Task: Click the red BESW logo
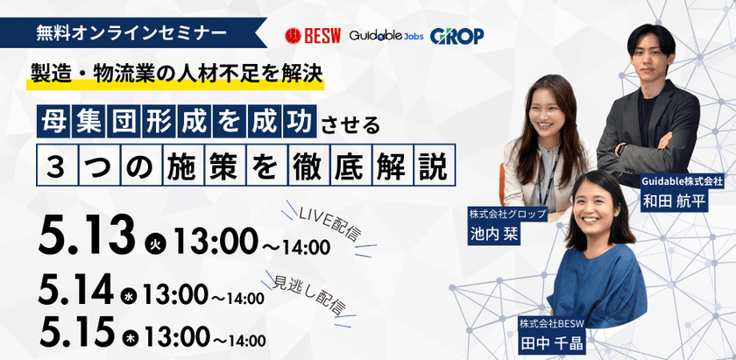[311, 36]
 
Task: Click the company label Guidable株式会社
[682, 180]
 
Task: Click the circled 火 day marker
[152, 243]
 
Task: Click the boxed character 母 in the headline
[55, 122]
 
